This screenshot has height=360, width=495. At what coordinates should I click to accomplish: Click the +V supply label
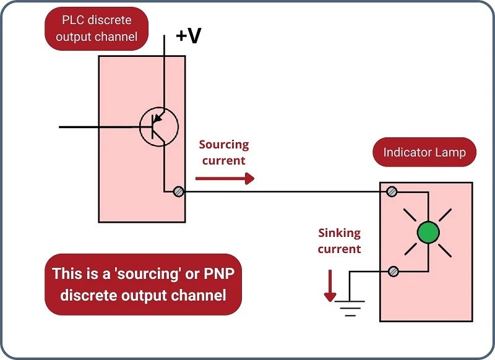pyautogui.click(x=188, y=36)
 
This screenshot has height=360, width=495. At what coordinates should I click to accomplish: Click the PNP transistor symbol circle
pyautogui.click(x=158, y=127)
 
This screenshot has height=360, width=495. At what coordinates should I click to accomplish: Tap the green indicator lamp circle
pyautogui.click(x=428, y=233)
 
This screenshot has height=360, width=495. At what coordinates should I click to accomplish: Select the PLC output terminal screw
pyautogui.click(x=178, y=192)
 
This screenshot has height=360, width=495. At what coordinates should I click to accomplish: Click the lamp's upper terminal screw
pyautogui.click(x=392, y=192)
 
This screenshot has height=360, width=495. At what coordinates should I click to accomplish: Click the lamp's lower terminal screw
pyautogui.click(x=392, y=272)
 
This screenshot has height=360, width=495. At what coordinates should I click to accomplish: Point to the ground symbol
pyautogui.click(x=350, y=306)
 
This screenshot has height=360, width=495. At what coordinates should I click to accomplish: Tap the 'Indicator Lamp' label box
pyautogui.click(x=424, y=152)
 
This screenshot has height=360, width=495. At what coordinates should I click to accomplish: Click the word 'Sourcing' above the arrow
pyautogui.click(x=223, y=145)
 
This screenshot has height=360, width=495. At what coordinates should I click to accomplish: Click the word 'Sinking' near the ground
pyautogui.click(x=339, y=233)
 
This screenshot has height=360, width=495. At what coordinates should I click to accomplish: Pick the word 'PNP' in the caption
pyautogui.click(x=204, y=273)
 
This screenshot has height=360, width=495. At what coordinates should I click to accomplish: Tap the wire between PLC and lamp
pyautogui.click(x=285, y=192)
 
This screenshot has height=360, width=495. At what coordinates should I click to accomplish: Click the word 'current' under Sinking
pyautogui.click(x=339, y=249)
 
